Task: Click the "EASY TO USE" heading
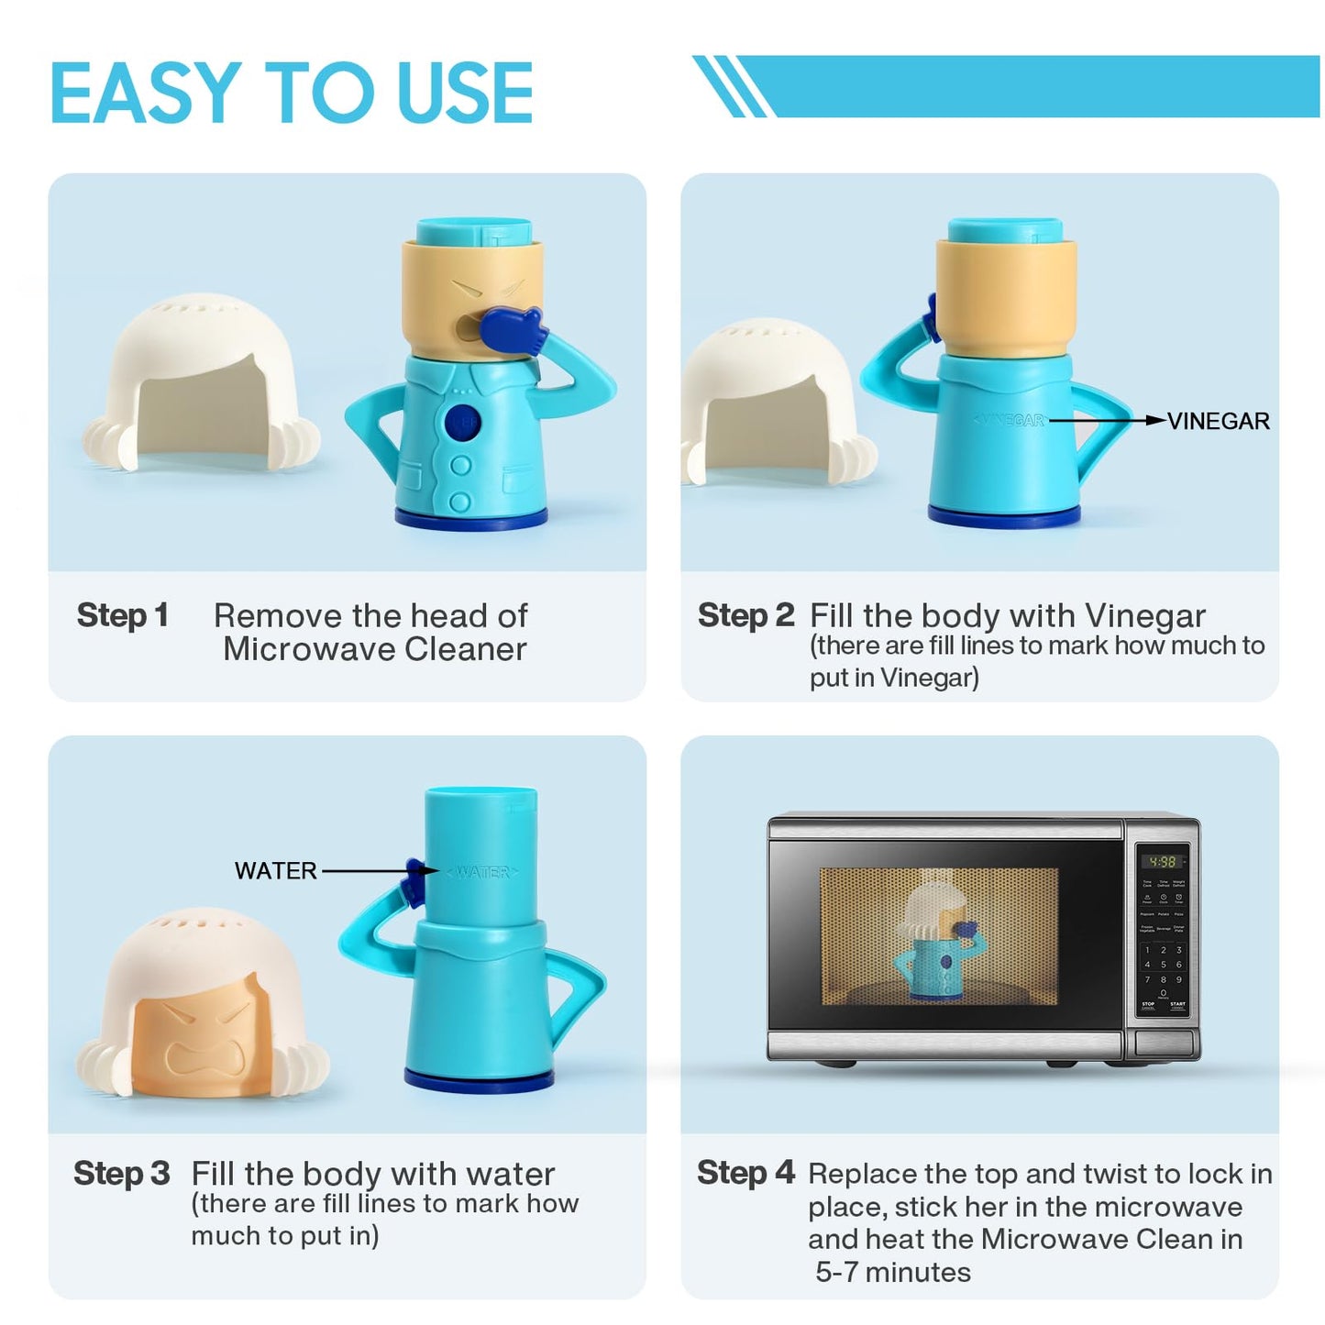[x=292, y=93]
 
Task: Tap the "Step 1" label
[x=123, y=615]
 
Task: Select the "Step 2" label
[x=745, y=615]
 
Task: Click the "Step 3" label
[x=122, y=1174]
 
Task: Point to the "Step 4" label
[x=745, y=1173]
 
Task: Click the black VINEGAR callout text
[x=1218, y=421]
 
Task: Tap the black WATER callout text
[x=275, y=871]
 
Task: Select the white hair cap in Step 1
[x=202, y=385]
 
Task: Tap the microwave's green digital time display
[x=1162, y=862]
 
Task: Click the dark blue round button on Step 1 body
[x=461, y=424]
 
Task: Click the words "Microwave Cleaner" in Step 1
[x=374, y=649]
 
